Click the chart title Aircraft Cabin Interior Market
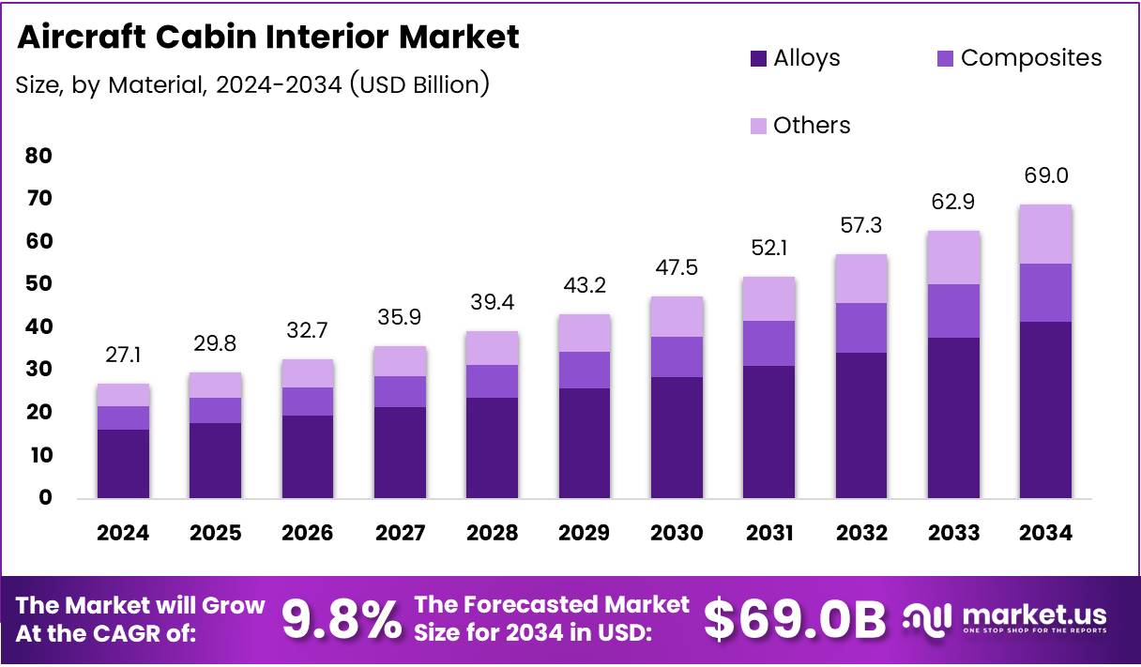point(267,38)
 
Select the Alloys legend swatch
point(758,59)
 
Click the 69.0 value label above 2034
point(1046,175)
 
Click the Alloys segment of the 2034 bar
point(1045,409)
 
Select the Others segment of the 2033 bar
point(953,258)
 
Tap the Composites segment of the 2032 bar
point(861,327)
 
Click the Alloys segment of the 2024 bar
point(123,463)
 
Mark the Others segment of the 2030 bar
point(677,317)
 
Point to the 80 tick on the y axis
point(38,156)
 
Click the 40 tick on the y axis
point(38,327)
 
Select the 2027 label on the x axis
point(400,533)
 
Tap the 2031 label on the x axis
point(769,533)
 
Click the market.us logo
point(1004,618)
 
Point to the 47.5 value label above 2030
point(677,268)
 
